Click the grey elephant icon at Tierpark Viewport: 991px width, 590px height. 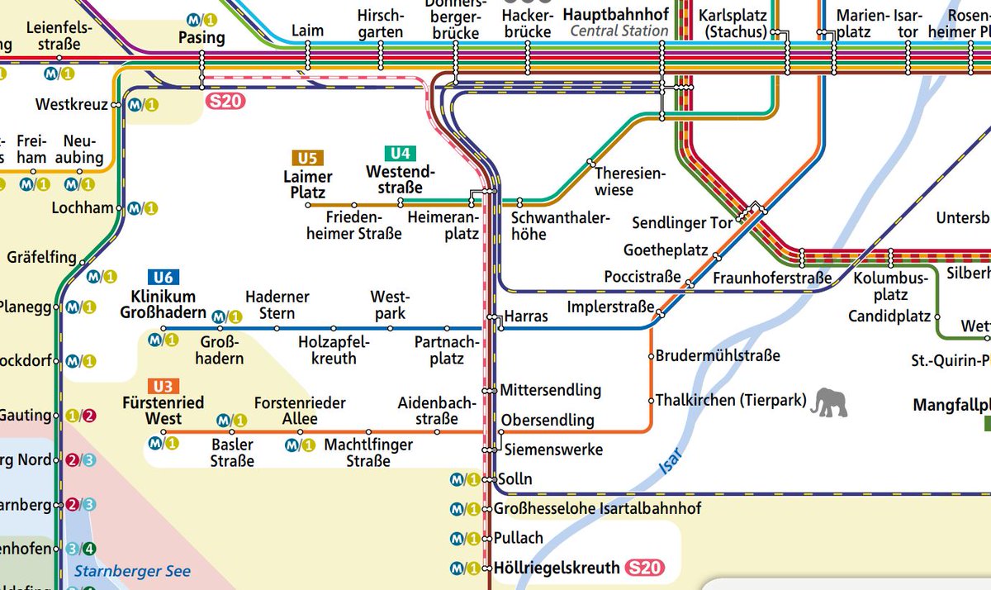828,402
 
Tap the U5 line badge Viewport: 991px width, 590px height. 307,158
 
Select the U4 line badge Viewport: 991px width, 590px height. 400,153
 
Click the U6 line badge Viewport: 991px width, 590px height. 162,278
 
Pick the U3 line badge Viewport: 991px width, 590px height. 162,386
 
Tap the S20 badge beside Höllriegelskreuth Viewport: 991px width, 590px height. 644,568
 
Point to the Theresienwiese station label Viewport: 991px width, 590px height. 629,182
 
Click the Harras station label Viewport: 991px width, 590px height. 526,317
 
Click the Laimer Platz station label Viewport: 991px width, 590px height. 307,184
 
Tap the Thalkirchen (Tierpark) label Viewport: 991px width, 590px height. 730,401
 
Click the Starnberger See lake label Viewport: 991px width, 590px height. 132,571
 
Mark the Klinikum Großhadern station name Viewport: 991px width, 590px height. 163,304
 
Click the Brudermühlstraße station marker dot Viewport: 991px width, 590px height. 651,357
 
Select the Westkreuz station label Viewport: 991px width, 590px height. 72,105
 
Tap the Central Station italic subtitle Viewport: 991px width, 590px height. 619,31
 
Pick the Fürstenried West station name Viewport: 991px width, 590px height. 163,411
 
